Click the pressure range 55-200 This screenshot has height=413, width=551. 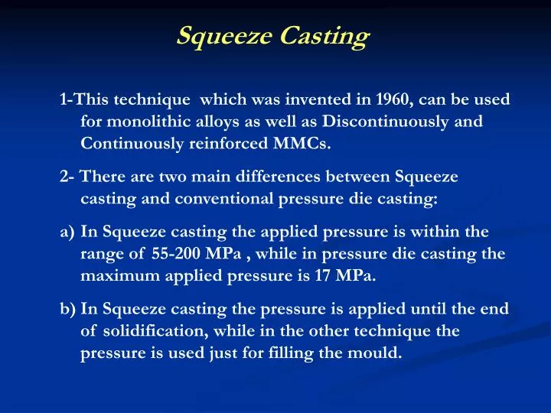click(x=174, y=254)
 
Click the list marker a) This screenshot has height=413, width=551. click(x=67, y=233)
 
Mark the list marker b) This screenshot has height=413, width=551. click(x=67, y=310)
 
